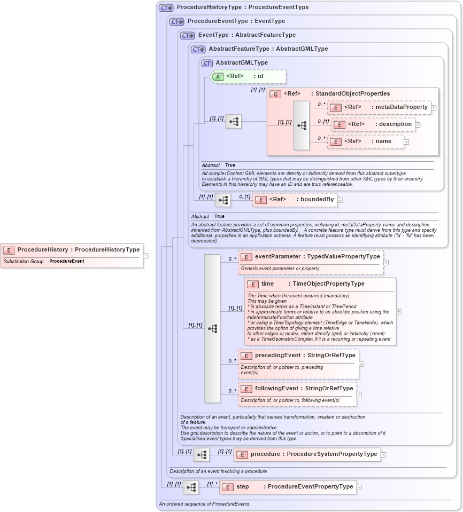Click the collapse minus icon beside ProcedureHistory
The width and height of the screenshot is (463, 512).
(145, 256)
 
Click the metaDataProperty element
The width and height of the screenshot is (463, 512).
(379, 107)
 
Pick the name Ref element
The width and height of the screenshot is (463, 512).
(366, 141)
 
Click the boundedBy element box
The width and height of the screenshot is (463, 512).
(295, 200)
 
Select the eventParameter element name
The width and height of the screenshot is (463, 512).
(277, 257)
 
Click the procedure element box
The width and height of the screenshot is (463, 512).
(307, 454)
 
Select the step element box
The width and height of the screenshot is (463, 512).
(288, 487)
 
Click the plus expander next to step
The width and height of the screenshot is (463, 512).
(359, 487)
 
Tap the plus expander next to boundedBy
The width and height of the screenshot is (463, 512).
(339, 200)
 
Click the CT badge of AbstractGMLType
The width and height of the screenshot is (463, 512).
(207, 63)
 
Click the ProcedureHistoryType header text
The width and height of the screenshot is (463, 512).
(243, 7)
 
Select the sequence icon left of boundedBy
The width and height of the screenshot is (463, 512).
(223, 200)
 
